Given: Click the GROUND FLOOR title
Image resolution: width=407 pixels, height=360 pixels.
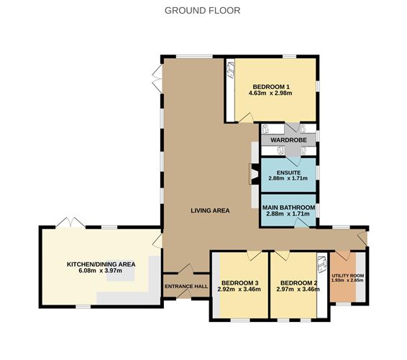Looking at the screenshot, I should [x=203, y=10].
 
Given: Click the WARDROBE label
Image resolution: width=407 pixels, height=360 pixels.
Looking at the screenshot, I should [x=289, y=139].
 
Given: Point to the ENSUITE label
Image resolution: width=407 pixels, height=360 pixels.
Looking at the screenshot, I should [x=288, y=172].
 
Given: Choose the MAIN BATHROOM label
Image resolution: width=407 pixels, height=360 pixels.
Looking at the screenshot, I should [x=288, y=207].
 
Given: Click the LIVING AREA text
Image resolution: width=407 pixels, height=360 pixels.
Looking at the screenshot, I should [x=210, y=211].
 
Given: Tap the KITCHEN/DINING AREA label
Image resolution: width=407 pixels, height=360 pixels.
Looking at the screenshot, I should [x=101, y=265].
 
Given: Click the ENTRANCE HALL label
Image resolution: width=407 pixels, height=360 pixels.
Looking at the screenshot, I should [x=186, y=286].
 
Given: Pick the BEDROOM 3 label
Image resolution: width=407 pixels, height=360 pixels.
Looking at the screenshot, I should [x=239, y=282].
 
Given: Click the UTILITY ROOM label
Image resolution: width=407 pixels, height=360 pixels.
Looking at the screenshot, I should [x=347, y=276].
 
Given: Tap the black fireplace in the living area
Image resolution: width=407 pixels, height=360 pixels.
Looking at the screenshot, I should [x=252, y=175].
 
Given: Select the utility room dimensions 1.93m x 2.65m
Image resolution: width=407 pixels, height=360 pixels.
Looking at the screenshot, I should [x=347, y=281].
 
